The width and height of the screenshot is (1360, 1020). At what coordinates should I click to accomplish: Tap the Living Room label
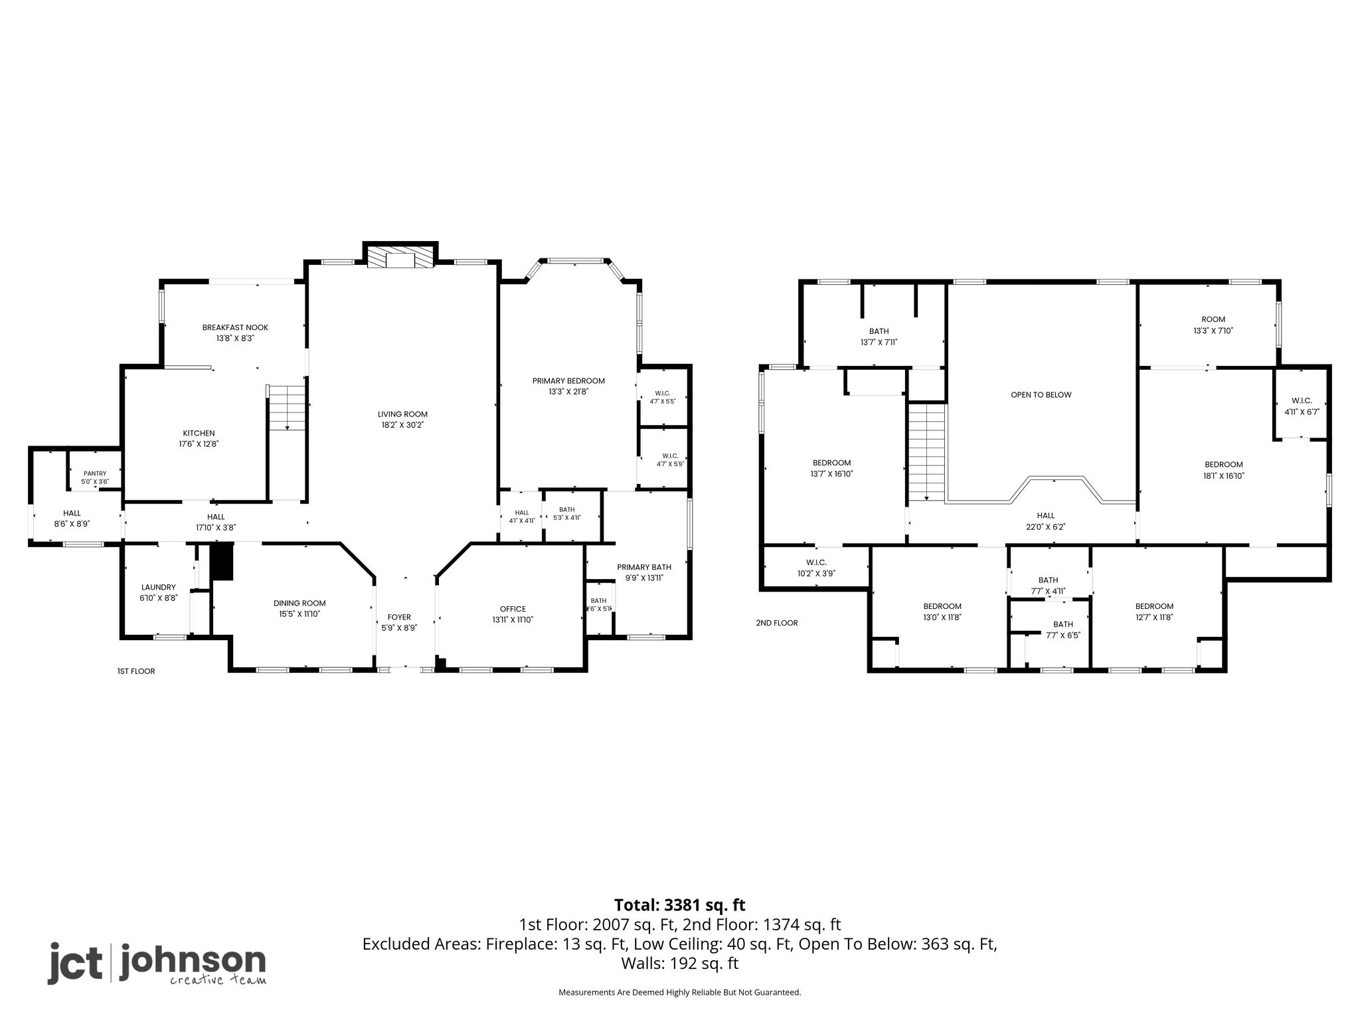click(402, 414)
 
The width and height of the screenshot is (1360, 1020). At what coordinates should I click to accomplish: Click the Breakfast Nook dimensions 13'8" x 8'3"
click(235, 338)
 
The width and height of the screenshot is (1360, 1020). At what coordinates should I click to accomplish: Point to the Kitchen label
click(199, 434)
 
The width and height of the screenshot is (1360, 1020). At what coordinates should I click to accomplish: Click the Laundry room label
click(159, 587)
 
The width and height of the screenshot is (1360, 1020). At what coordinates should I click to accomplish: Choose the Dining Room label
click(299, 603)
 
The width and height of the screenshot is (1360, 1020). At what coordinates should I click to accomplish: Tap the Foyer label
click(399, 617)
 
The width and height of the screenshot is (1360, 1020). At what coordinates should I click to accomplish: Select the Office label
click(513, 609)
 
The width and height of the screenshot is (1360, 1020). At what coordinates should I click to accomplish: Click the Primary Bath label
click(644, 567)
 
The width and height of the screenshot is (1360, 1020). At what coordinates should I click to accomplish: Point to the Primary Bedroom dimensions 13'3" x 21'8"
click(568, 392)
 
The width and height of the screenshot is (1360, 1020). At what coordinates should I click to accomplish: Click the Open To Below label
click(1041, 394)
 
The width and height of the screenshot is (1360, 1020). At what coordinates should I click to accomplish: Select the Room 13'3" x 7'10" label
click(1213, 325)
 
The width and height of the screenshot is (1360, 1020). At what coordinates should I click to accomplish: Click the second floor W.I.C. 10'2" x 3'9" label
click(816, 568)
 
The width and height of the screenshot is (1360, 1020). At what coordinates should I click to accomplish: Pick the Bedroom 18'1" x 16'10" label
click(1224, 470)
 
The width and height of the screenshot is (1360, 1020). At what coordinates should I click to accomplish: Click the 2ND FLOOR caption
click(777, 623)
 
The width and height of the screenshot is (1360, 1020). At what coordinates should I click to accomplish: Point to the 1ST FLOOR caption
click(136, 671)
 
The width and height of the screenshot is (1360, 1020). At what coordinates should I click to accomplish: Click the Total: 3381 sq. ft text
click(680, 905)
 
